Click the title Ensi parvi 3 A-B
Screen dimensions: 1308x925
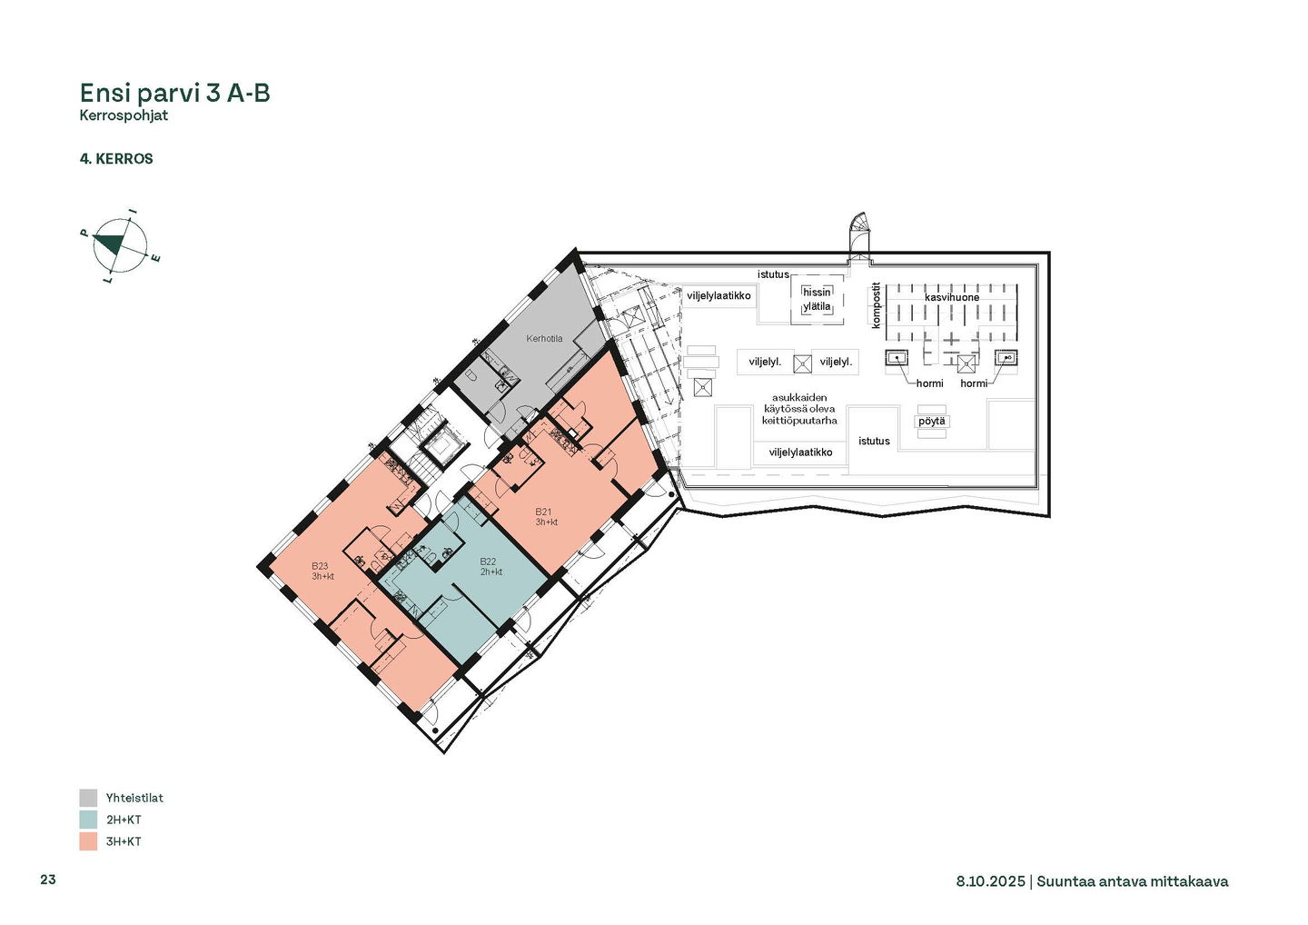[x=174, y=94]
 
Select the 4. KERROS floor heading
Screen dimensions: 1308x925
[x=116, y=159]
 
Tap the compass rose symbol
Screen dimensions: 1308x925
[x=120, y=246]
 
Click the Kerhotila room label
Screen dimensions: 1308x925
[x=544, y=339]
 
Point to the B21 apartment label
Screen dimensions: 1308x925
[x=543, y=512]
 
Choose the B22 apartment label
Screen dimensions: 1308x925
[x=488, y=562]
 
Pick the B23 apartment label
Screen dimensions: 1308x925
[x=320, y=566]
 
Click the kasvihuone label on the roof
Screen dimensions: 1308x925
[x=952, y=297]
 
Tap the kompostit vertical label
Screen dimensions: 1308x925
[x=876, y=305]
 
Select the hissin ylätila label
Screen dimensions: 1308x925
[x=817, y=299]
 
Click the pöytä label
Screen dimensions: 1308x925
[x=931, y=421]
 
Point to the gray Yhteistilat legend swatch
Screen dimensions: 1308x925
[x=88, y=798]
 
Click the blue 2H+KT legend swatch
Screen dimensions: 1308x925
[x=88, y=820]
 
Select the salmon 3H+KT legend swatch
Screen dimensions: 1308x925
[x=88, y=841]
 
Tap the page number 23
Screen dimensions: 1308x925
[x=48, y=880]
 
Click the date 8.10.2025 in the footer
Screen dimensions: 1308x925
[x=990, y=881]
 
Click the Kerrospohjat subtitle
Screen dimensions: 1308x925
[x=124, y=115]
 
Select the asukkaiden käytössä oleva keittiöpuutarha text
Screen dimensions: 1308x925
[x=799, y=409]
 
